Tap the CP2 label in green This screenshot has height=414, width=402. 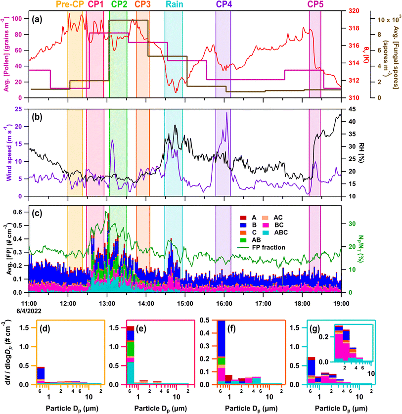click(119, 4)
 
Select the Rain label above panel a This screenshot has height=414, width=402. click(173, 4)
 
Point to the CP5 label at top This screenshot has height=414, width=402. click(315, 4)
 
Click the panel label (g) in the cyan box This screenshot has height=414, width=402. click(326, 328)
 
